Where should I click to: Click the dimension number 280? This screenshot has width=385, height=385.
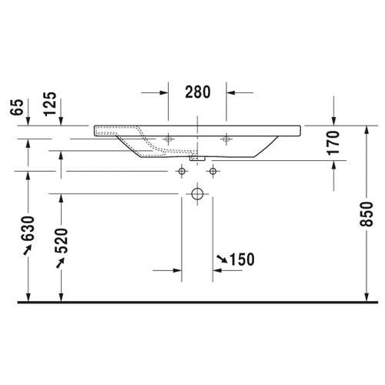[197, 92]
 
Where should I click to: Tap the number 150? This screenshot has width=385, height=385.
[241, 259]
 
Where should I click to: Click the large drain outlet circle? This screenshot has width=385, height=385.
[197, 193]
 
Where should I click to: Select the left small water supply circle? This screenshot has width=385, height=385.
[182, 170]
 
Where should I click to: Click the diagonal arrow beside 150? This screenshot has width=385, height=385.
[221, 259]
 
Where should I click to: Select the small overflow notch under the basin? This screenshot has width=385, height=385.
[197, 159]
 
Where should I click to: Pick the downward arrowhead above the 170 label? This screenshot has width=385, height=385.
[333, 119]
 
